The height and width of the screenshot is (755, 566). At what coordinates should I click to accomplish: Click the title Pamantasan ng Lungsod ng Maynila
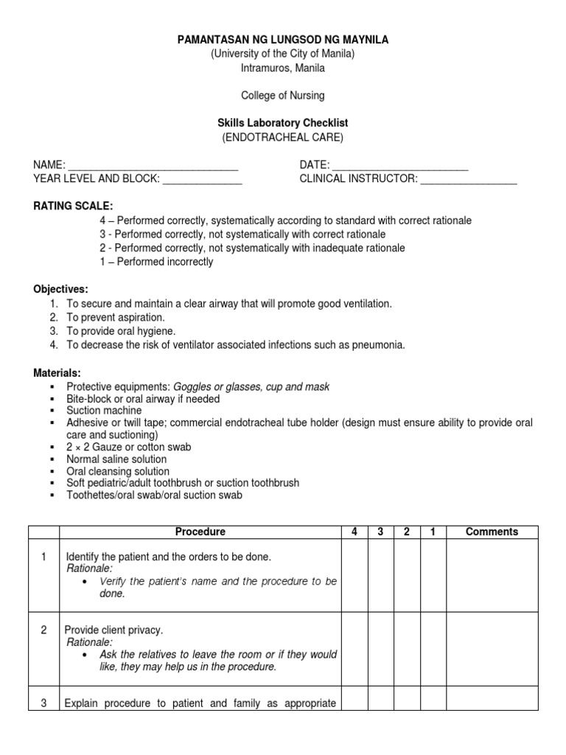pyautogui.click(x=283, y=40)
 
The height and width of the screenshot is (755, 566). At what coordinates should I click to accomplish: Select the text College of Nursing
pyautogui.click(x=283, y=95)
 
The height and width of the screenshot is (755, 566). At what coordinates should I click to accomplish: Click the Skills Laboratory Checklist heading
pyautogui.click(x=283, y=123)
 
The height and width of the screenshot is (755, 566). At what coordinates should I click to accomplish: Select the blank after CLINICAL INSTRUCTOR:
pyautogui.click(x=469, y=179)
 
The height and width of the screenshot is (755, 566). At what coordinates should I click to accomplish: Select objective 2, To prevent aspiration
pyautogui.click(x=115, y=318)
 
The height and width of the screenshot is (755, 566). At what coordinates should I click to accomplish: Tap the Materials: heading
pyautogui.click(x=56, y=372)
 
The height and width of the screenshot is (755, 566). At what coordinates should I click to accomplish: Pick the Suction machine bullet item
pyautogui.click(x=104, y=411)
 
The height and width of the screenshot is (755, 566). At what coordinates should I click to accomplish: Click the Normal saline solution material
pyautogui.click(x=116, y=459)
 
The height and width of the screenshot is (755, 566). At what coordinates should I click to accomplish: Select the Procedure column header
pyautogui.click(x=200, y=532)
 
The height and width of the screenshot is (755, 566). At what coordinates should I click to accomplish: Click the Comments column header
pyautogui.click(x=492, y=532)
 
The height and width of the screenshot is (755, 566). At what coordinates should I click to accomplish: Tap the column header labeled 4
pyautogui.click(x=354, y=532)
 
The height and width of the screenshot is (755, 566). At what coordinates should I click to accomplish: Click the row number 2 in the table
pyautogui.click(x=43, y=630)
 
